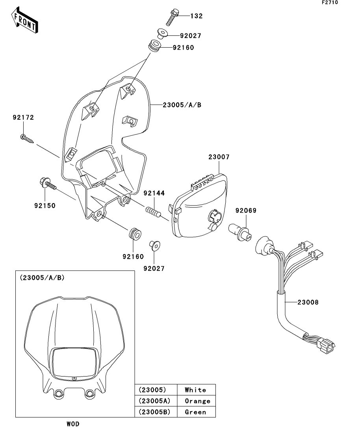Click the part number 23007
[x=219, y=157]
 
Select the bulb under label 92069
[x=239, y=233]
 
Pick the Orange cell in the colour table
[x=197, y=401]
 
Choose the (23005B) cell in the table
[x=155, y=412]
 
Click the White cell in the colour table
[x=195, y=390]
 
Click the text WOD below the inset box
[x=73, y=424]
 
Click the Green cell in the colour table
[x=195, y=412]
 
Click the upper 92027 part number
[x=191, y=36]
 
